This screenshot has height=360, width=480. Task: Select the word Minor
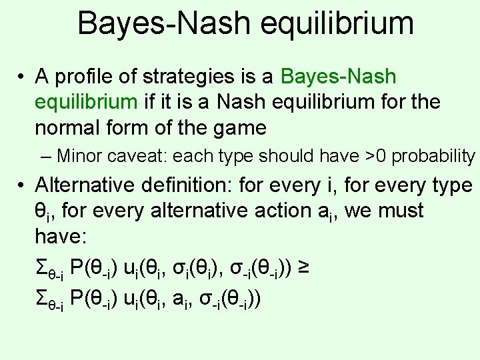pos(79,156)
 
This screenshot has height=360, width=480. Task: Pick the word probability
pos(433,156)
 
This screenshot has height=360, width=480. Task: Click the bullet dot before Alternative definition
pos(22,185)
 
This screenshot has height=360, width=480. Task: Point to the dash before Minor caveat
pos(45,156)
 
